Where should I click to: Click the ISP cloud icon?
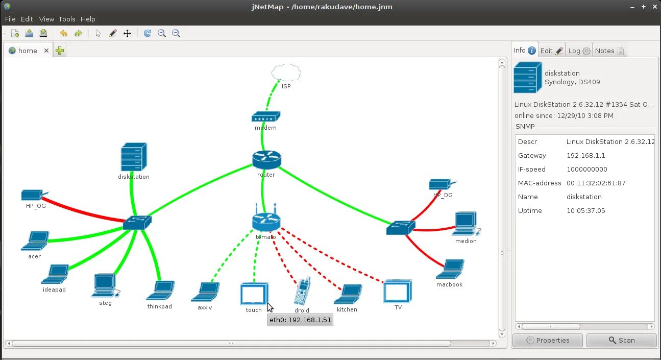click(286, 73)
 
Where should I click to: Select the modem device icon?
click(265, 117)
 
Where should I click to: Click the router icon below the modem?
click(266, 160)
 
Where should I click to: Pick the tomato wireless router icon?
click(266, 221)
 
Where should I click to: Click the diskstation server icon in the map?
click(134, 157)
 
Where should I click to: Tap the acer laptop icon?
click(35, 241)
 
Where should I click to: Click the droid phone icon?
click(302, 292)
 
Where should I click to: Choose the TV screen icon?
click(398, 291)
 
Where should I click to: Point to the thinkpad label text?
click(159, 306)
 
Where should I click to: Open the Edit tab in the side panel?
click(551, 51)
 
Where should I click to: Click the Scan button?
click(621, 340)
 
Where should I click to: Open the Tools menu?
click(66, 19)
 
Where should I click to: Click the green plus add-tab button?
click(60, 51)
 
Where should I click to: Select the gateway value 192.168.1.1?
click(585, 155)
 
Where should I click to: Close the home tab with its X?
click(46, 51)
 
